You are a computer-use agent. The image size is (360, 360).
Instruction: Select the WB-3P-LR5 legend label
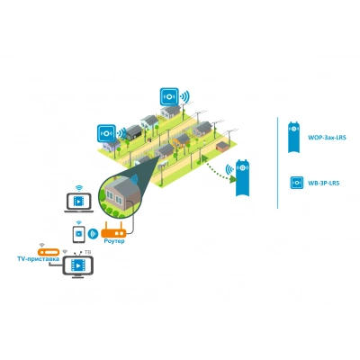(324, 183)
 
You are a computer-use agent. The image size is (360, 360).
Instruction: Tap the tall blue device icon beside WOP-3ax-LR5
(293, 137)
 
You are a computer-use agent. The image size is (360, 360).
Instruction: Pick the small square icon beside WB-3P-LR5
(296, 183)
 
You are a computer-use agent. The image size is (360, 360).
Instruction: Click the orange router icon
(113, 230)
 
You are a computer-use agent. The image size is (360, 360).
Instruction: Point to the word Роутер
(114, 241)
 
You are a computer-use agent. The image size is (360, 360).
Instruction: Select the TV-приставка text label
(38, 259)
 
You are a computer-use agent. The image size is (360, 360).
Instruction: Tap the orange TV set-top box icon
(49, 252)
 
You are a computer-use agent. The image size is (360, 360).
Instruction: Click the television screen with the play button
(78, 265)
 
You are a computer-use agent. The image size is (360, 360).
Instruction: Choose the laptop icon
(78, 202)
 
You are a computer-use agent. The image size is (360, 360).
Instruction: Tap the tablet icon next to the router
(78, 234)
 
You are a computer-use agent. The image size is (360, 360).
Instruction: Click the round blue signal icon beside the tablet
(93, 234)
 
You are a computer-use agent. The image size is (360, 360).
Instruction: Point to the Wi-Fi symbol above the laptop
(79, 188)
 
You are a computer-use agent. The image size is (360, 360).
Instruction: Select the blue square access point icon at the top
(169, 96)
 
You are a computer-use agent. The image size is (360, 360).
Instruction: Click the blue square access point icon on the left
(106, 133)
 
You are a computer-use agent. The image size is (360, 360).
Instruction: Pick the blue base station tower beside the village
(242, 177)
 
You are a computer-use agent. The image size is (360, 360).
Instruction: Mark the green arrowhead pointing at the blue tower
(233, 179)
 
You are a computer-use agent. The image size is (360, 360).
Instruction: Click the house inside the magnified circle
(122, 193)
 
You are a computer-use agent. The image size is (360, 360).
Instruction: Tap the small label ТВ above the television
(88, 252)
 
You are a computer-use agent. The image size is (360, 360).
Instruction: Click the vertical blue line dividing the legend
(278, 162)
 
